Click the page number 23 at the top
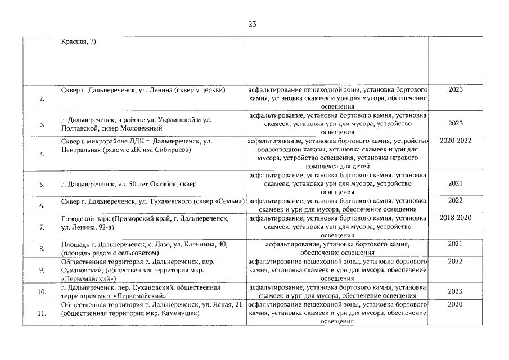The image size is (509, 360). [x=252, y=24]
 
